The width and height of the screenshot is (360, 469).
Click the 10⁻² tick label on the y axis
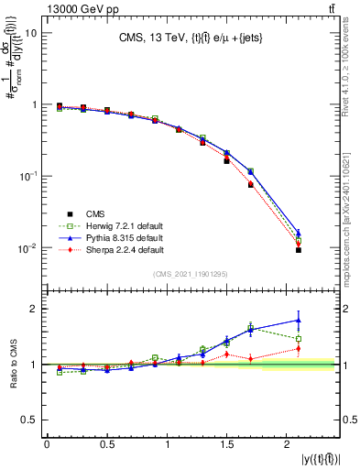click(28, 248)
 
